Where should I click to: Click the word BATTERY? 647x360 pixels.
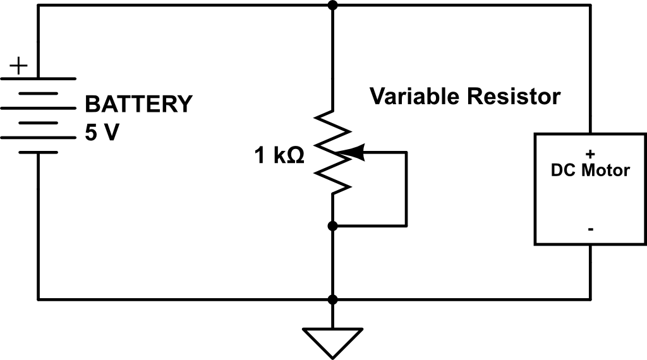(138, 104)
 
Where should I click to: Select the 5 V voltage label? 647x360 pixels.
(101, 133)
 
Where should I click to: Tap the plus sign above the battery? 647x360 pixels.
(21, 65)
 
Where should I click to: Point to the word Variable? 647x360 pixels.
(415, 97)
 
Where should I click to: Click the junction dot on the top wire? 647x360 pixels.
(332, 6)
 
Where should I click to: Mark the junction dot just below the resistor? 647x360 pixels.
(332, 225)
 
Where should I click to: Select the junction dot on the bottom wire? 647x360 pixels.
(332, 299)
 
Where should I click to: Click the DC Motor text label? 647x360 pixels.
(590, 171)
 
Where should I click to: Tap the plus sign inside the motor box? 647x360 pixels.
(590, 154)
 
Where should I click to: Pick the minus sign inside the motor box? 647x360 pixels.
(590, 229)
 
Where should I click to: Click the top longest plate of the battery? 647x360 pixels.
(38, 79)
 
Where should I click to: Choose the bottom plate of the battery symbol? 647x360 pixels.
(38, 152)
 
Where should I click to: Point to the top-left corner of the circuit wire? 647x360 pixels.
(39, 6)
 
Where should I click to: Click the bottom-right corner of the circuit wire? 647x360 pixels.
(591, 299)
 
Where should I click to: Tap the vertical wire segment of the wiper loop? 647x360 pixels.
(406, 189)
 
